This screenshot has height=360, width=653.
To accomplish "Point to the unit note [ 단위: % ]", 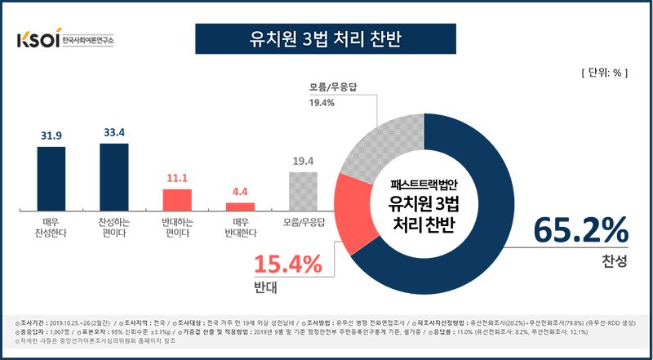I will click(x=602, y=72).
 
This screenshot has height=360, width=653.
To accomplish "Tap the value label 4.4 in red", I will click(x=240, y=192).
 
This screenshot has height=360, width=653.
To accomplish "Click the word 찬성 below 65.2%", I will click(x=611, y=260).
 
